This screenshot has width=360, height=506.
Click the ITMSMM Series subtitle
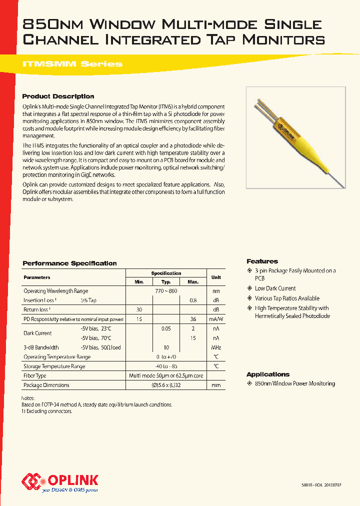pyautogui.click(x=72, y=64)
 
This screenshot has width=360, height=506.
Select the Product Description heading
pyautogui.click(x=58, y=96)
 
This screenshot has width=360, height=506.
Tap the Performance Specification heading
pyautogui.click(x=69, y=263)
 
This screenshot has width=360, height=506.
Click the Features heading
pyautogui.click(x=262, y=261)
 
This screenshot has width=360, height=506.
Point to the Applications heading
pyautogui.click(x=268, y=374)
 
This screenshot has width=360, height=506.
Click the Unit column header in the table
pyautogui.click(x=216, y=277)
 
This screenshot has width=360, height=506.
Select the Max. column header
pyautogui.click(x=193, y=282)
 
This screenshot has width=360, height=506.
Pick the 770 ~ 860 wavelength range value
pyautogui.click(x=166, y=291)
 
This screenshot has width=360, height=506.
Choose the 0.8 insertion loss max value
pyautogui.click(x=193, y=300)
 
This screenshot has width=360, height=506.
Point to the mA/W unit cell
pyautogui.click(x=216, y=319)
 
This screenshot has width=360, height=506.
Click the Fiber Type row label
pyautogui.click(x=35, y=376)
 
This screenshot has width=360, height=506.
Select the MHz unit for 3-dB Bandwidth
pyautogui.click(x=216, y=347)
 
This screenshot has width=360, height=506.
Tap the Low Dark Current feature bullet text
pyautogui.click(x=275, y=288)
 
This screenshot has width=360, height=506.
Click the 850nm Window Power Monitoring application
pyautogui.click(x=294, y=383)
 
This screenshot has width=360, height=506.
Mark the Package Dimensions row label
pyautogui.click(x=46, y=385)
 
